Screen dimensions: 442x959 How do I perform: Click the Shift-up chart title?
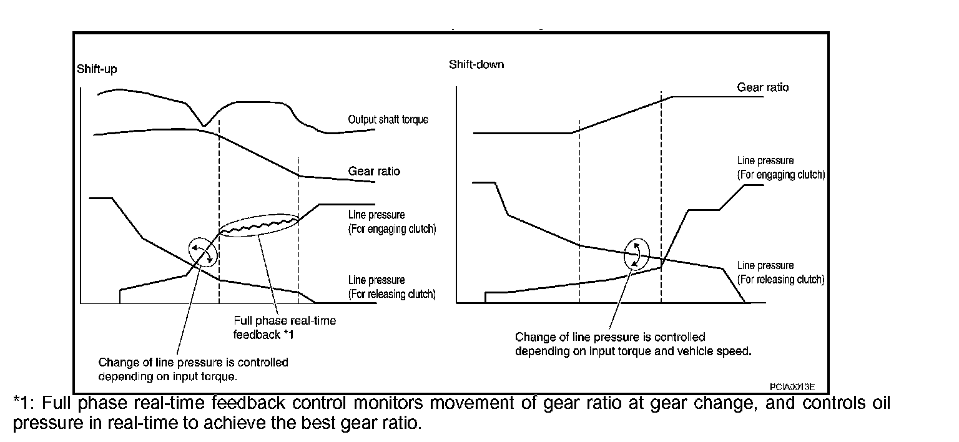coord(96,69)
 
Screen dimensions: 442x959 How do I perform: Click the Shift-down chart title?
coord(476,65)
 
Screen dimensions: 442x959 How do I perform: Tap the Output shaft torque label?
coord(388,119)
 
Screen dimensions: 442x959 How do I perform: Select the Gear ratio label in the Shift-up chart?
coord(374,171)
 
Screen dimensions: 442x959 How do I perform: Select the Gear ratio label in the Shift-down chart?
coord(762,87)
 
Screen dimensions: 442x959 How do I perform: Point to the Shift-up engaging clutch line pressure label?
coord(391,222)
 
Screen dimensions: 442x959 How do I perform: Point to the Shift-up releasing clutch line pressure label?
coord(391,287)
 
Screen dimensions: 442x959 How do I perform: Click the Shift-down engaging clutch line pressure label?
coord(780,168)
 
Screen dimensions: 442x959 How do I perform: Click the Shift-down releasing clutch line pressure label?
coord(780,272)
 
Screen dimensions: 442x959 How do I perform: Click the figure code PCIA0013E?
coord(792,387)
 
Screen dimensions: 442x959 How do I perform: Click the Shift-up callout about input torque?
coord(193,369)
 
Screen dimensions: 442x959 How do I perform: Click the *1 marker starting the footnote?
coord(22,403)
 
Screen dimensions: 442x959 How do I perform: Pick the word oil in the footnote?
coord(880,403)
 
